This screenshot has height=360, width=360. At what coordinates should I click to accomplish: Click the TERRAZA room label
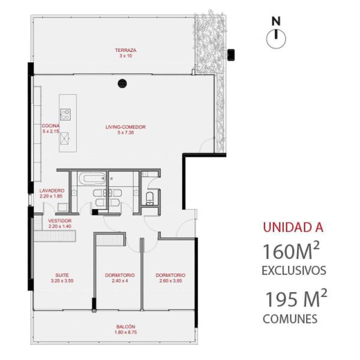125,50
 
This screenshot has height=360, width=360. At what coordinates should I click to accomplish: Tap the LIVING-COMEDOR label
125,127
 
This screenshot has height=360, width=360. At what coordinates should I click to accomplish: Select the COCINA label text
50,126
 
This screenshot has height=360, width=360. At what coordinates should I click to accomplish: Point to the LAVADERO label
52,191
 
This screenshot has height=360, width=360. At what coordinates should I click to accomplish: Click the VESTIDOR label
60,221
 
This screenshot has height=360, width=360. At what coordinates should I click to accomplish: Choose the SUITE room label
62,275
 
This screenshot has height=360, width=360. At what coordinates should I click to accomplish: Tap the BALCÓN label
125,326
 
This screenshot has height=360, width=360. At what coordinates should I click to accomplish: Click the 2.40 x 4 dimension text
120,281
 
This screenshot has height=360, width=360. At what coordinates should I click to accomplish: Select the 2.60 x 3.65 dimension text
170,281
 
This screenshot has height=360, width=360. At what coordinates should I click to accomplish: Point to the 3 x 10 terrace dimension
126,56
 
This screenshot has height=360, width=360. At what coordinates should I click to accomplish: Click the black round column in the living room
122,83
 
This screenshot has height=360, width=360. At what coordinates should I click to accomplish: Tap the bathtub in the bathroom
92,179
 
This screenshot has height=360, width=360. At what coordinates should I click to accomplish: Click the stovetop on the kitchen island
65,114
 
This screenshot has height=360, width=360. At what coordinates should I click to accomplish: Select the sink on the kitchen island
65,139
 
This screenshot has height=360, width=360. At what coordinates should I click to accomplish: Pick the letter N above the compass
276,21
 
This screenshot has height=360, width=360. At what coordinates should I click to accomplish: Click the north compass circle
276,39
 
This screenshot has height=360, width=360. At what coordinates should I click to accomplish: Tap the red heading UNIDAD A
293,227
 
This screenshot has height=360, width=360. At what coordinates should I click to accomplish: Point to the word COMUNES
290,319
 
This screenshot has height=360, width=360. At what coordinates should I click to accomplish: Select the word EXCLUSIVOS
294,271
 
